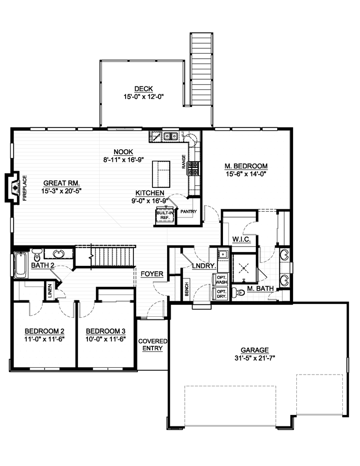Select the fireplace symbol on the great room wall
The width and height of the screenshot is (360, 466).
(x=14, y=187)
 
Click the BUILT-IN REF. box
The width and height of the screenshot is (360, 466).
(x=165, y=215)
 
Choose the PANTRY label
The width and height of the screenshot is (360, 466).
(x=188, y=212)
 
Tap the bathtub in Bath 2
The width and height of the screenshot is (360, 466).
(x=20, y=265)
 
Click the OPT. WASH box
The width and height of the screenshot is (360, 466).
(x=221, y=279)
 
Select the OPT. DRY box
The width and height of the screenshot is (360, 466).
(x=221, y=294)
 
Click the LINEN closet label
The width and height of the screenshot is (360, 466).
(x=50, y=293)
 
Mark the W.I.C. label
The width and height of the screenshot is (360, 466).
(x=239, y=239)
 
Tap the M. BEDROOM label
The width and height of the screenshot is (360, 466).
(x=246, y=166)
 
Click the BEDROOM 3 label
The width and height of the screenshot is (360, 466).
(x=105, y=331)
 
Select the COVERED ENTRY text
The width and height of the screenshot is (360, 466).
(x=153, y=344)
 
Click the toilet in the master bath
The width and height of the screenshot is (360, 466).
(x=235, y=293)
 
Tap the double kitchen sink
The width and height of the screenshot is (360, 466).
(x=171, y=136)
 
